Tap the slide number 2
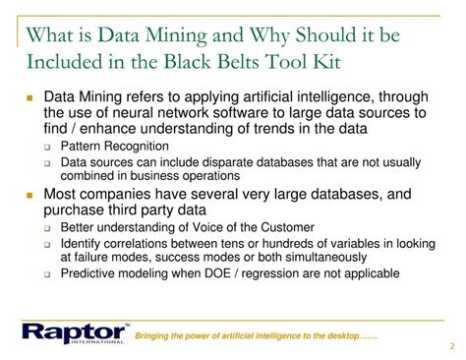pyautogui.click(x=450, y=345)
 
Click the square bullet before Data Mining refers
pyautogui.click(x=31, y=99)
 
